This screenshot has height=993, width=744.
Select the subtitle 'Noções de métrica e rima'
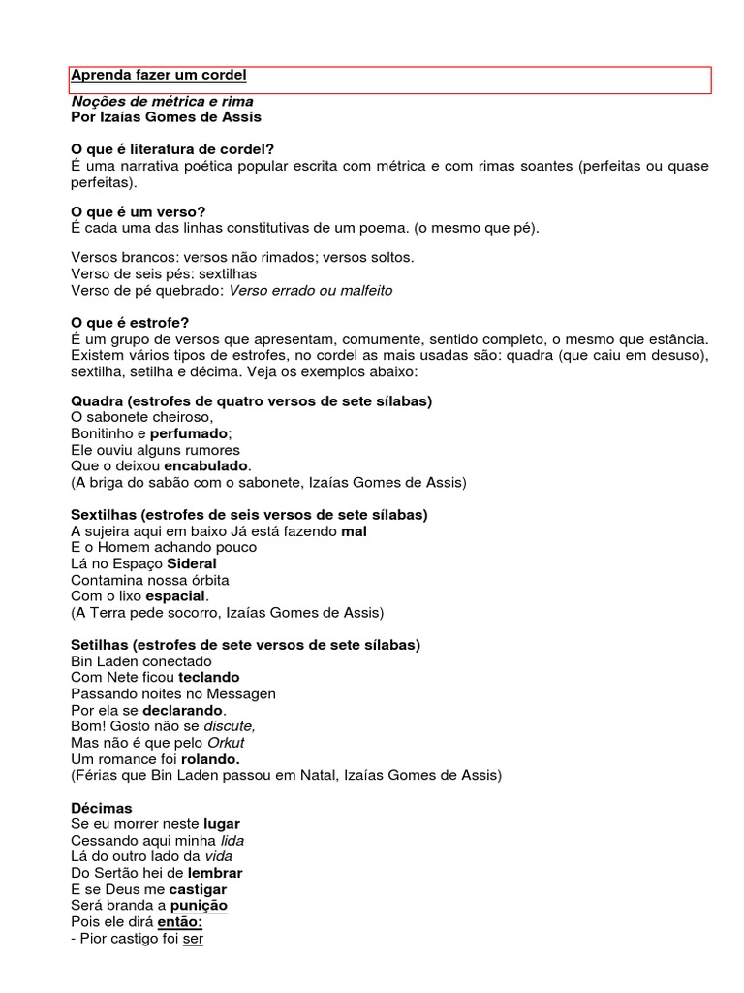163,101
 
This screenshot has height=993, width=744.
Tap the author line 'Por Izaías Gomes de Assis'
167,117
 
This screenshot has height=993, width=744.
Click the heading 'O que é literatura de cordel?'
172,149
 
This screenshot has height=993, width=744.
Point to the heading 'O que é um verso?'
139,211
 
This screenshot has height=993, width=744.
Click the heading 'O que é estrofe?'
131,322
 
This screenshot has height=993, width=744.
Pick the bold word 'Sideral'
192,563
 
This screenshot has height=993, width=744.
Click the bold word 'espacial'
174,596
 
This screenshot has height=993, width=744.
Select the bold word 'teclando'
208,677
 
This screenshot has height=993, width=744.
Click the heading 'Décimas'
102,808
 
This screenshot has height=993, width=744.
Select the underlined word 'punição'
199,906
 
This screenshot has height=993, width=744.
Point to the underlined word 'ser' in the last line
193,939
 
